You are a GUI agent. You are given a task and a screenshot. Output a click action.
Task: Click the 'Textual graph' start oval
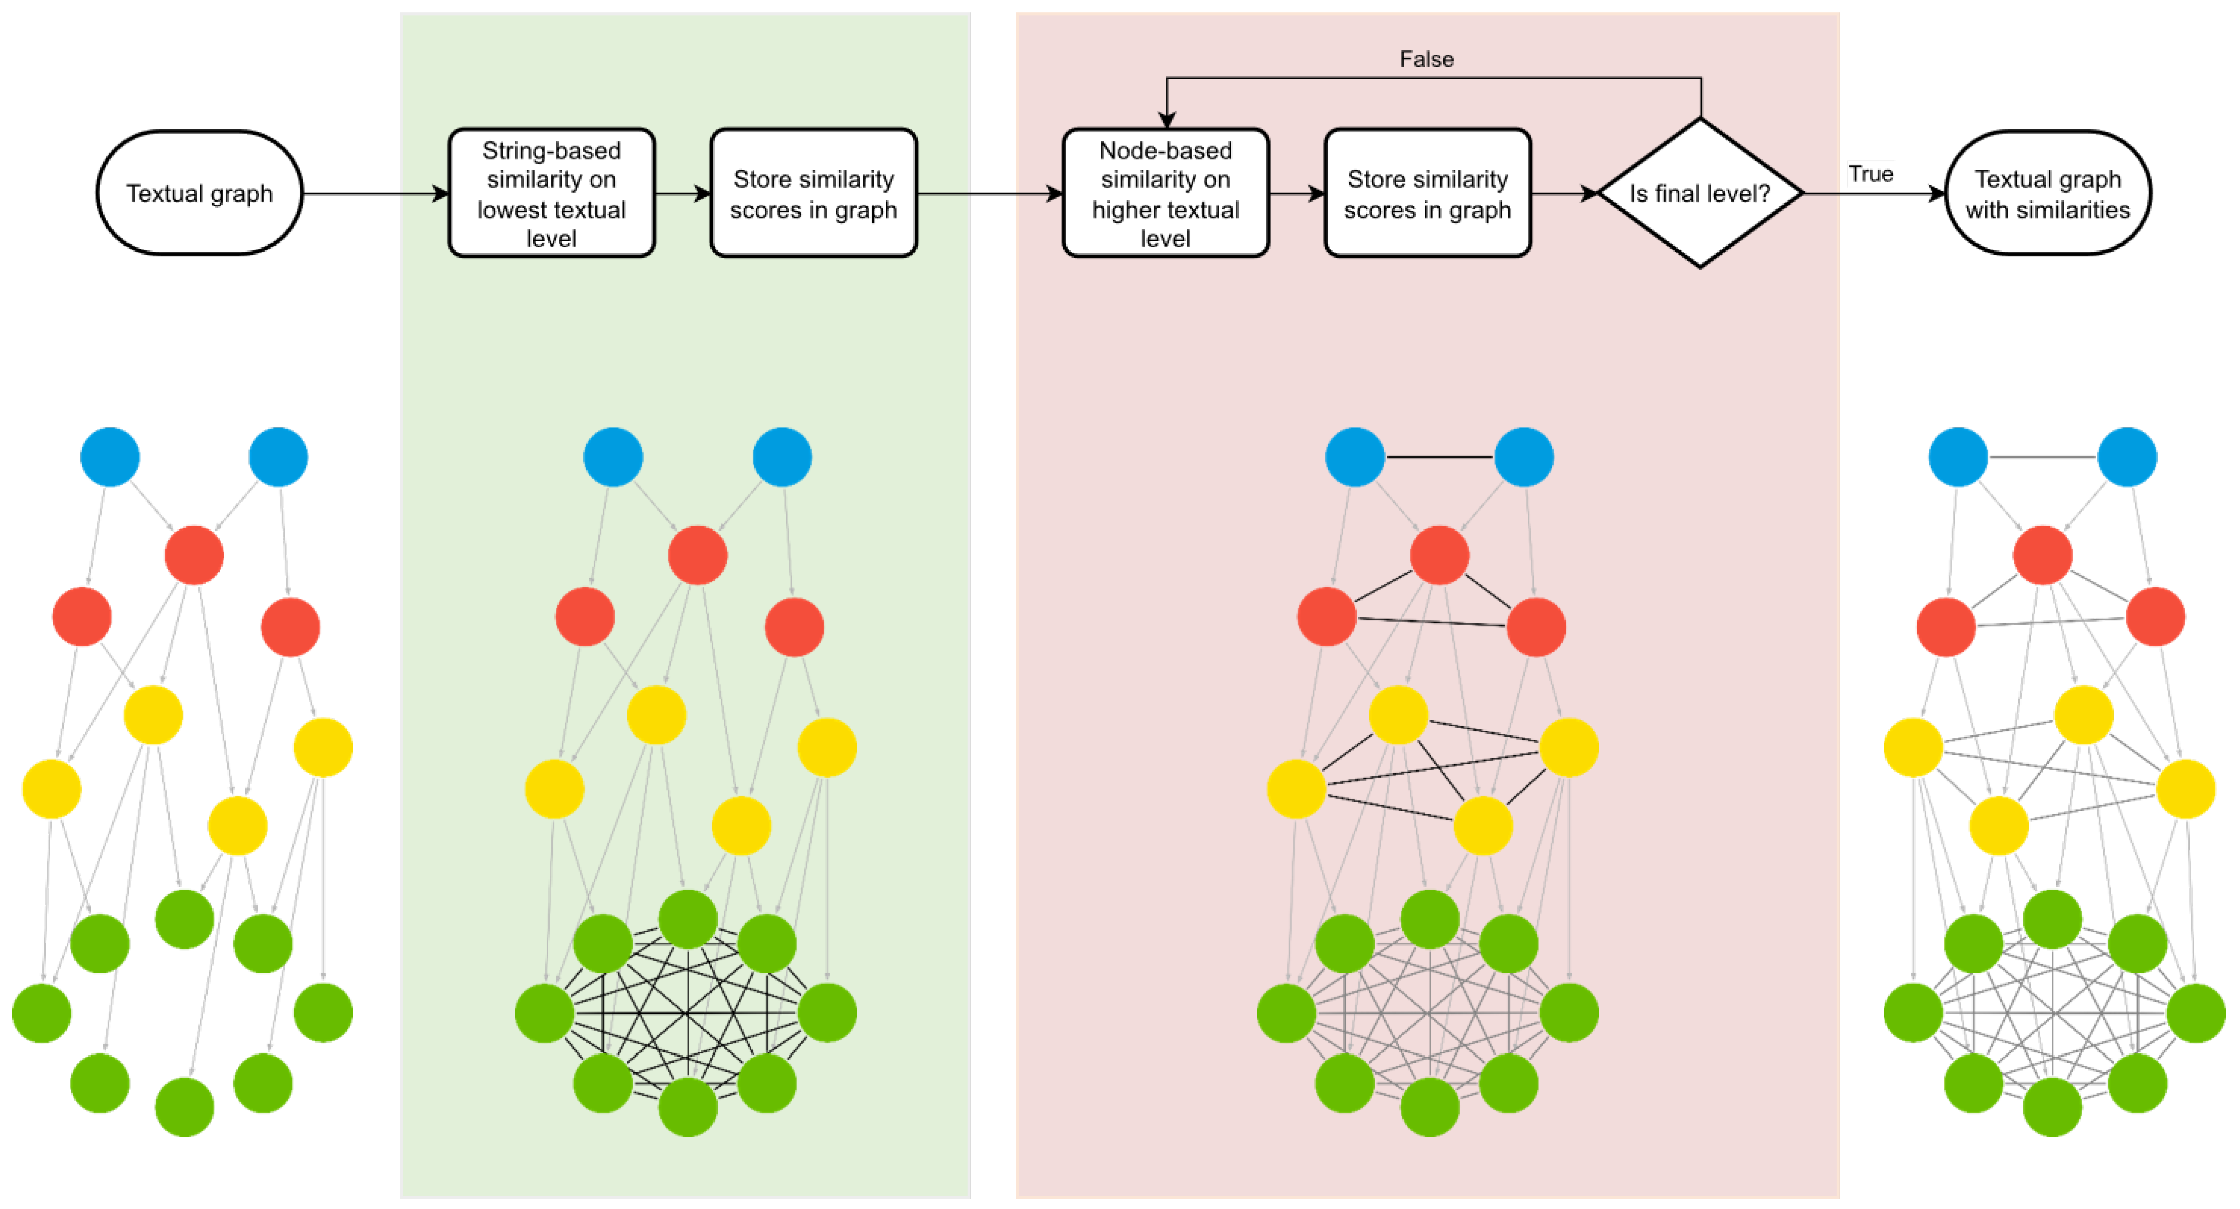[x=199, y=193]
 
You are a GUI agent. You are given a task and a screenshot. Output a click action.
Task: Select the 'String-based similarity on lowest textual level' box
[x=551, y=193]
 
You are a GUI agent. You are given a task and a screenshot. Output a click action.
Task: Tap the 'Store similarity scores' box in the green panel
[x=813, y=193]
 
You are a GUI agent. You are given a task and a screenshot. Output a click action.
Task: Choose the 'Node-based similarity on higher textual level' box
[x=1165, y=193]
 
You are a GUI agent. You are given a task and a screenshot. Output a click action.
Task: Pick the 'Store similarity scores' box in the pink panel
[x=1427, y=193]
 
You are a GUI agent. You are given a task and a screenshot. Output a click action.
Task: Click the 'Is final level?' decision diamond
[x=1699, y=193]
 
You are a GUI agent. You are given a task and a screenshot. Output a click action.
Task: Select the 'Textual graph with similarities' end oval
[x=2047, y=193]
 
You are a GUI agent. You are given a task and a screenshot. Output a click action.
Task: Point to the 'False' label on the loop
[x=1426, y=59]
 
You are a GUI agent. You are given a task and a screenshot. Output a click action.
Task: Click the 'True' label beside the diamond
[x=1871, y=174]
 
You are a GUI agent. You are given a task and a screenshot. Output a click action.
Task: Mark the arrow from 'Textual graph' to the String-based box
[x=374, y=193]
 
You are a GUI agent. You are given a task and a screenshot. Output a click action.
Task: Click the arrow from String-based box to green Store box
[x=683, y=193]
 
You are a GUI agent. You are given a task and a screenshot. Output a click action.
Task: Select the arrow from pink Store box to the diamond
[x=1563, y=193]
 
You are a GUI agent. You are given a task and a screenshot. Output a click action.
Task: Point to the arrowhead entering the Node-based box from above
[x=1167, y=120]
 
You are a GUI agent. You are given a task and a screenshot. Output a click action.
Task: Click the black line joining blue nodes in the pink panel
[x=1439, y=457]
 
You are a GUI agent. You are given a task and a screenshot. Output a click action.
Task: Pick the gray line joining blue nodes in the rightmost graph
[x=2043, y=457]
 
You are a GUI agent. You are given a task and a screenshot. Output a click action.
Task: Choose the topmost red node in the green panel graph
[x=698, y=555]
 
